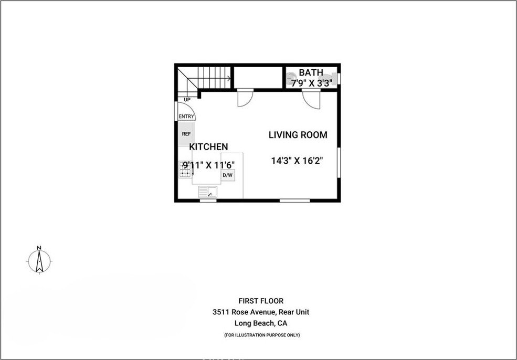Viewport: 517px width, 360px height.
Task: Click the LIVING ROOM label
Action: coord(298,135)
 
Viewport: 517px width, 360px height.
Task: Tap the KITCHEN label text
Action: coord(208,147)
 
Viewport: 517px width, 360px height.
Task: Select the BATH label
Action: coord(311,72)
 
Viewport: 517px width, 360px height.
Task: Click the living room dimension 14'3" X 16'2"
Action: coord(297,161)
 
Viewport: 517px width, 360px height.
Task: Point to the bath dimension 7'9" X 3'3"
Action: coord(311,82)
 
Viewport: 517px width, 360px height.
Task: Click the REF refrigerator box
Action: coord(186,134)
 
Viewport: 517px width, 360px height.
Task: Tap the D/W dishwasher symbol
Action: coord(227,175)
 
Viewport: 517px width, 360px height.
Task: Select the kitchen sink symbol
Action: coord(208,192)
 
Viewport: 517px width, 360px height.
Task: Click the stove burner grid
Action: coord(185,169)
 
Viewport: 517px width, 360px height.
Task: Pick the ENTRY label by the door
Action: coord(186,117)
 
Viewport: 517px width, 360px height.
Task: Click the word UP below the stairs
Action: coord(187,100)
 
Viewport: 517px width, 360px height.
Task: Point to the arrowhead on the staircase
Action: coord(228,78)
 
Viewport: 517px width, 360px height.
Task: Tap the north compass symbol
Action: coord(39,260)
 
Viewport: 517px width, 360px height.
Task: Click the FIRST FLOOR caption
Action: coord(261,301)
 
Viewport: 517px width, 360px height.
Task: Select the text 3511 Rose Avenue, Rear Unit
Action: coord(261,312)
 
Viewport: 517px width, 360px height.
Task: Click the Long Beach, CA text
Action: coord(261,323)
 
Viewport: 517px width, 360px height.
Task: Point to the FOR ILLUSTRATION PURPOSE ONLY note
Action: coord(262,335)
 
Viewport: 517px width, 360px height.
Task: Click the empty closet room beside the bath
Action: coord(258,78)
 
